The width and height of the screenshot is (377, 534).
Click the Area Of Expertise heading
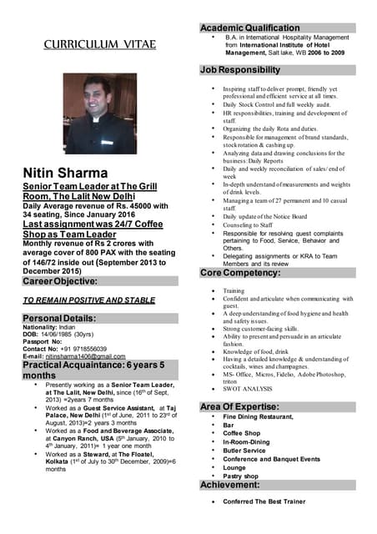(243, 406)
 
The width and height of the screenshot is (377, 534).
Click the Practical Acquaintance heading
(93, 370)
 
